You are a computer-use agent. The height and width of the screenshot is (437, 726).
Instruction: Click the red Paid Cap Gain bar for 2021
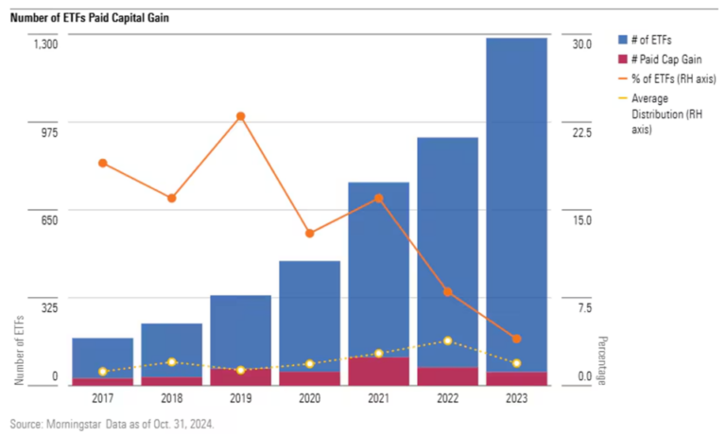(x=378, y=371)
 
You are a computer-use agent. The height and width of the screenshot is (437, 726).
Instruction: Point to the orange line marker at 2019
(x=240, y=116)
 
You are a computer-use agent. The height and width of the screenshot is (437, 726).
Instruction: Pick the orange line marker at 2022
(x=448, y=292)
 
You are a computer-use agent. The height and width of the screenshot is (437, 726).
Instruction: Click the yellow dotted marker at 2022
(x=448, y=341)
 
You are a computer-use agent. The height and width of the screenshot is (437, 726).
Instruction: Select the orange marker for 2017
(x=102, y=163)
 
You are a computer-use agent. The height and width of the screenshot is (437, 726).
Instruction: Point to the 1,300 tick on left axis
(x=45, y=44)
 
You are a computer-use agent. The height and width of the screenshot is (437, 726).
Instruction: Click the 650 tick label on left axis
(x=48, y=219)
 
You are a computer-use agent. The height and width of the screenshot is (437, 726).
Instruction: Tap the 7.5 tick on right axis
(x=581, y=307)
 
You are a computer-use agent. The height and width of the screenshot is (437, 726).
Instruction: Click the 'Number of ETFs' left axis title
(x=19, y=349)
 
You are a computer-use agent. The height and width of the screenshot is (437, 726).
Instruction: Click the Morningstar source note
(x=112, y=425)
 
